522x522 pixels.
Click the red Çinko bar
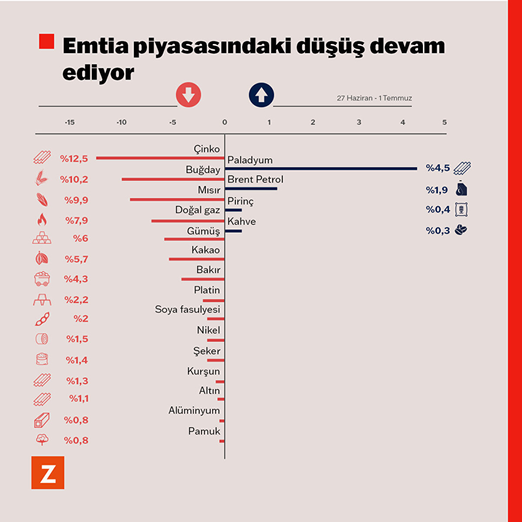pyautogui.click(x=160, y=158)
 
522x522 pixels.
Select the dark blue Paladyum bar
pyautogui.click(x=321, y=168)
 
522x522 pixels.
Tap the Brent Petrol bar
pyautogui.click(x=251, y=188)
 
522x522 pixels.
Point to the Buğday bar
pyautogui.click(x=173, y=179)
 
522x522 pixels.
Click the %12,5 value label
pyautogui.click(x=74, y=158)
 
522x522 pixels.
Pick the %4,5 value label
pyautogui.click(x=438, y=168)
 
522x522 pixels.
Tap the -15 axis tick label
pyautogui.click(x=70, y=122)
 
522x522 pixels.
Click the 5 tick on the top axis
pyautogui.click(x=444, y=122)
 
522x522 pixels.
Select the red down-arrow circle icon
pyautogui.click(x=188, y=94)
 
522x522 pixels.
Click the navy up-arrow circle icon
pyautogui.click(x=261, y=94)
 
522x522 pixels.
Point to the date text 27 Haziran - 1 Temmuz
pyautogui.click(x=374, y=98)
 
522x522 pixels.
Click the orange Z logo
pyautogui.click(x=48, y=472)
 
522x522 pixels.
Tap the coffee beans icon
pyautogui.click(x=461, y=230)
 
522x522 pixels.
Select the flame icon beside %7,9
pyautogui.click(x=42, y=220)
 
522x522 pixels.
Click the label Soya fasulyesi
pyautogui.click(x=187, y=309)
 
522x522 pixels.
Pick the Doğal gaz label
pyautogui.click(x=197, y=210)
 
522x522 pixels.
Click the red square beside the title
pyautogui.click(x=47, y=41)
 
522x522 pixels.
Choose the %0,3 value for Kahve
pyautogui.click(x=438, y=231)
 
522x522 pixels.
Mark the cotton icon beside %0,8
pyautogui.click(x=42, y=440)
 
